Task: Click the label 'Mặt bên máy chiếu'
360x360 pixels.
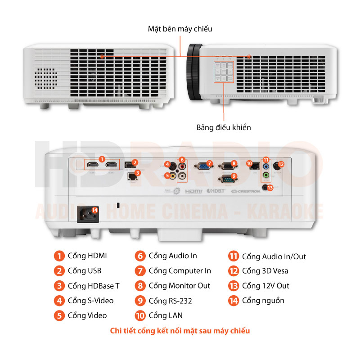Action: (180, 29)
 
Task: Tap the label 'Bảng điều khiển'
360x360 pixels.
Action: (224, 127)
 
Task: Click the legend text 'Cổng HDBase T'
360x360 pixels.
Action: (94, 286)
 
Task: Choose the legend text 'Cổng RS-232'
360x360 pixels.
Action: (171, 301)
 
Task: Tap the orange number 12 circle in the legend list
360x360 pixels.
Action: (233, 271)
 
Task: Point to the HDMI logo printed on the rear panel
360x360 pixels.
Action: (194, 191)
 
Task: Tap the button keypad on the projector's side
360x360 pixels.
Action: (224, 72)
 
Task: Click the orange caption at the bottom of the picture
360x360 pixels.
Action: (180, 331)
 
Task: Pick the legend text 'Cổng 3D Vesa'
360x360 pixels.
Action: (265, 271)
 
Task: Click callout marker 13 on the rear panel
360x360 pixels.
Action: (270, 188)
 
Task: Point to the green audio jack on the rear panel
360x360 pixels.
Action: (266, 175)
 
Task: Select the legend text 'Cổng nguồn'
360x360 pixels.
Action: (263, 301)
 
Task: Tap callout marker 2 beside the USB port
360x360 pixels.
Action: (135, 163)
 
